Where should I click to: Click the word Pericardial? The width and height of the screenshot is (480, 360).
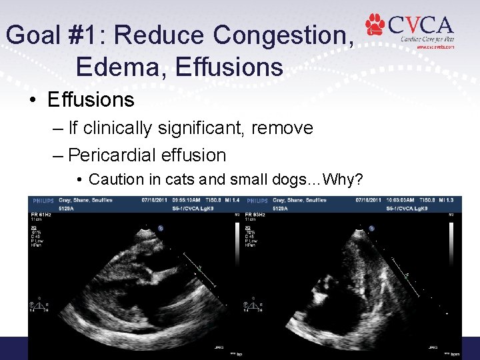113,155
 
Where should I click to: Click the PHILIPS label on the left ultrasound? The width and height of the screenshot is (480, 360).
41,200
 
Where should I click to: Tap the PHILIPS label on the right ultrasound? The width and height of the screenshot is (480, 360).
258,200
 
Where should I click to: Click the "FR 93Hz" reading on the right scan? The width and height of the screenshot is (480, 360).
257,213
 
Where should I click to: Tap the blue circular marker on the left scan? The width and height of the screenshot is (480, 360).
161,227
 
